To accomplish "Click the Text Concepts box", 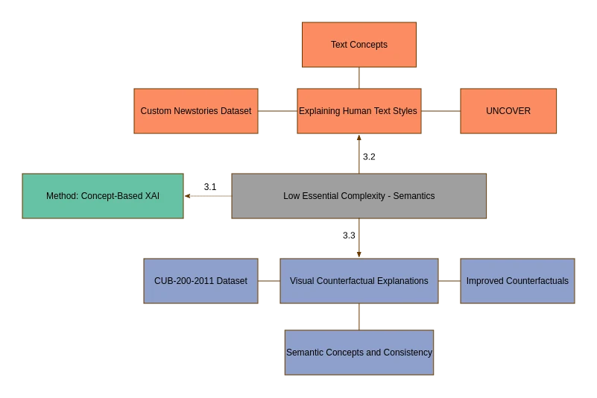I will coord(358,45).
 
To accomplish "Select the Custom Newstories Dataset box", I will coord(196,111).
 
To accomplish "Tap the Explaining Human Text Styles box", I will coord(358,111).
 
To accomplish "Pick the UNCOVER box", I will coord(508,111).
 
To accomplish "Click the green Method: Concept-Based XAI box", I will coord(103,196).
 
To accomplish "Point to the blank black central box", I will coord(359,196).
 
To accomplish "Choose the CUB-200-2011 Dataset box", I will coord(200,281).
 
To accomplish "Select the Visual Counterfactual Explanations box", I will coord(358,281).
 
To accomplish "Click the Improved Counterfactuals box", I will coord(517,281).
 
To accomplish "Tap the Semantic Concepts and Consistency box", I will coord(358,352).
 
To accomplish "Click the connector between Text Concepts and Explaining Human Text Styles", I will coord(360,78).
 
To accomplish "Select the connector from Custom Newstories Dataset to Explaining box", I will coord(277,111).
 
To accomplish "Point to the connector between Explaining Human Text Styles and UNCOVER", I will coord(440,111).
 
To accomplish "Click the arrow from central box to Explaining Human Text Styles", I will coord(361,154).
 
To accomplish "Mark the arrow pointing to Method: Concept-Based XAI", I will coord(208,197).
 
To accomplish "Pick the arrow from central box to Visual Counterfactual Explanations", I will coord(361,239).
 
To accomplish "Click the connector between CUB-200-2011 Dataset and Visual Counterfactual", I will coord(268,282).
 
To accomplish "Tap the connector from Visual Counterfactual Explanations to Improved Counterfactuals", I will coord(449,282).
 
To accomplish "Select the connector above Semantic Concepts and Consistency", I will coord(360,316).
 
